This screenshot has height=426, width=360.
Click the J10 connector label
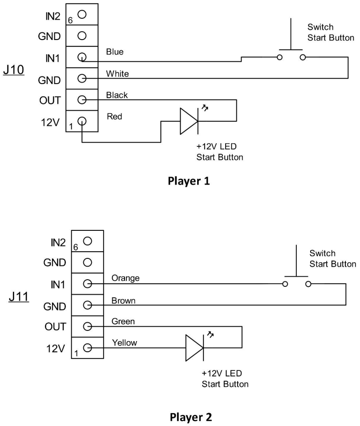14,71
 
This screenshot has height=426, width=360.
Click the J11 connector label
19,297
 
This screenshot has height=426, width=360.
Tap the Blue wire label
114,52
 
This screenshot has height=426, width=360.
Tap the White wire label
117,74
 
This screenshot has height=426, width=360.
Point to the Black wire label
117,95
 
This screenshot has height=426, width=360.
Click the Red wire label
114,117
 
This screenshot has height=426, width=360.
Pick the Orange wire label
125,278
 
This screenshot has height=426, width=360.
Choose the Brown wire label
123,301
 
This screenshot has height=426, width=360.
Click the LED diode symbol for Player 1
188,121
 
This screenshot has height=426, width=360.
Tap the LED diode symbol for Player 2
194,348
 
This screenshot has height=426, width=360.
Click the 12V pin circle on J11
88,348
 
